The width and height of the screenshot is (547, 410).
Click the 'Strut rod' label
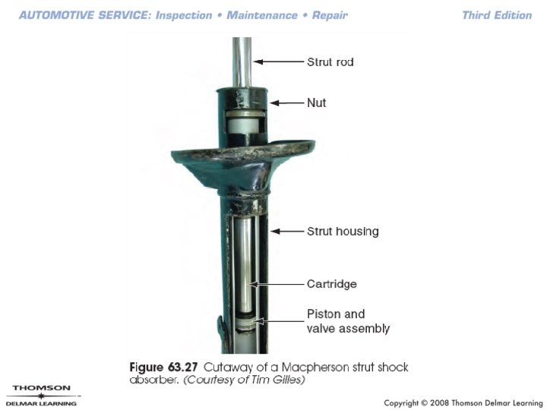click(330, 62)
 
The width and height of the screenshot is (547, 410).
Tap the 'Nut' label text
click(316, 102)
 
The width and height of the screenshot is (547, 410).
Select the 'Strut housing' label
click(343, 232)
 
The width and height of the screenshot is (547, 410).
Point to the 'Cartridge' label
click(332, 284)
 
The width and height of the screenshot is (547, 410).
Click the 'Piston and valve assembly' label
click(348, 321)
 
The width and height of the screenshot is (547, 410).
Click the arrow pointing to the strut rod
click(278, 61)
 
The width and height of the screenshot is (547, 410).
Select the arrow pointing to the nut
click(286, 102)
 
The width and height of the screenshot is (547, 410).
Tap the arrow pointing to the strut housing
click(287, 231)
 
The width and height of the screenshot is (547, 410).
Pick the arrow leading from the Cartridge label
click(277, 284)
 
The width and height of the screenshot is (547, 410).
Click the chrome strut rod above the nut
click(242, 63)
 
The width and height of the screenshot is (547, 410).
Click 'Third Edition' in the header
click(497, 15)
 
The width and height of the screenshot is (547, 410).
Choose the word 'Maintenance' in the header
click(262, 15)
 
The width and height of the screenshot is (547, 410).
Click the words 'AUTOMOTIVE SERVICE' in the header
click(85, 15)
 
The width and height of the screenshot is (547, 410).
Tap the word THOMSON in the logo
click(42, 388)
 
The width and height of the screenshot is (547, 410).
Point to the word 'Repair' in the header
click(330, 16)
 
